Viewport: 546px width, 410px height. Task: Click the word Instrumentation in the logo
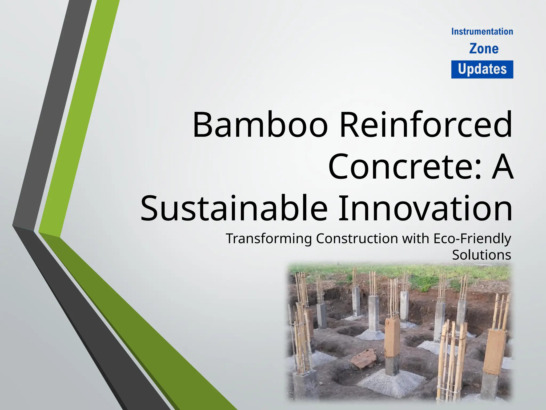[482, 32]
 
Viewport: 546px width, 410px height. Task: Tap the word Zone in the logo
[484, 49]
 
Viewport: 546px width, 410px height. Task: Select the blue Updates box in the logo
[482, 69]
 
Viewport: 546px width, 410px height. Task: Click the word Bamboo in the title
[260, 125]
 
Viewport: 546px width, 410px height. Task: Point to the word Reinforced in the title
[426, 125]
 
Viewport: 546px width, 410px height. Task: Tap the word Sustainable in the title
[234, 208]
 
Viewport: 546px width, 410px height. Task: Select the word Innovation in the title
[425, 208]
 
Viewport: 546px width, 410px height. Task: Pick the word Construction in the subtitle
[357, 238]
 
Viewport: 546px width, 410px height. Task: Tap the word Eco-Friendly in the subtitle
[472, 238]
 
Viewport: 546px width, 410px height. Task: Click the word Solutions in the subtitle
[481, 255]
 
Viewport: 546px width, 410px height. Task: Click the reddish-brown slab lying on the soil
[363, 359]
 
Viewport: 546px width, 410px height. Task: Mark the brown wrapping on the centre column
[392, 338]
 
